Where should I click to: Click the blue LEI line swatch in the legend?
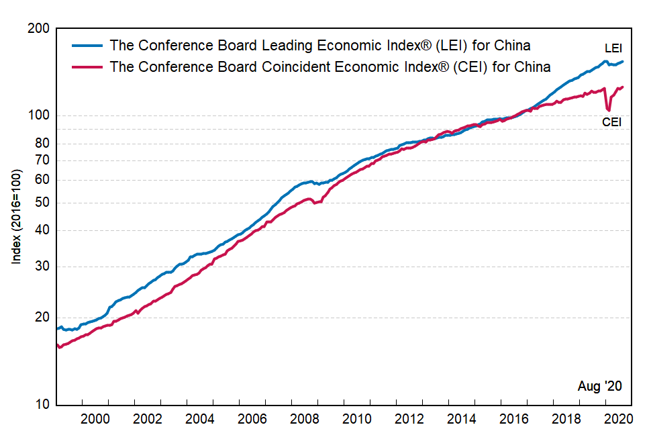(x=87, y=46)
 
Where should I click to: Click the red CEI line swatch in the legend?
(x=87, y=67)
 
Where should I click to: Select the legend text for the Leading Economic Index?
(x=320, y=46)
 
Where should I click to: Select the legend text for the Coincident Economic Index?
(x=330, y=67)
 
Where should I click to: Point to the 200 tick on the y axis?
(x=41, y=29)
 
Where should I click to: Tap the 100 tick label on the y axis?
(x=41, y=115)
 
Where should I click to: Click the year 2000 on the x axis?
(x=95, y=418)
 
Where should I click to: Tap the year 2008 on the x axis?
(x=305, y=418)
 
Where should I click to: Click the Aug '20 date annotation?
(x=599, y=386)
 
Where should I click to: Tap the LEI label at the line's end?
(x=613, y=48)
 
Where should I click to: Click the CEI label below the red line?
(x=611, y=122)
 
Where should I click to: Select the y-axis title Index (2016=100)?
(x=17, y=216)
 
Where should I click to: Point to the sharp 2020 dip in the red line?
(x=608, y=109)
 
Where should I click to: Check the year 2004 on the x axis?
(x=199, y=418)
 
